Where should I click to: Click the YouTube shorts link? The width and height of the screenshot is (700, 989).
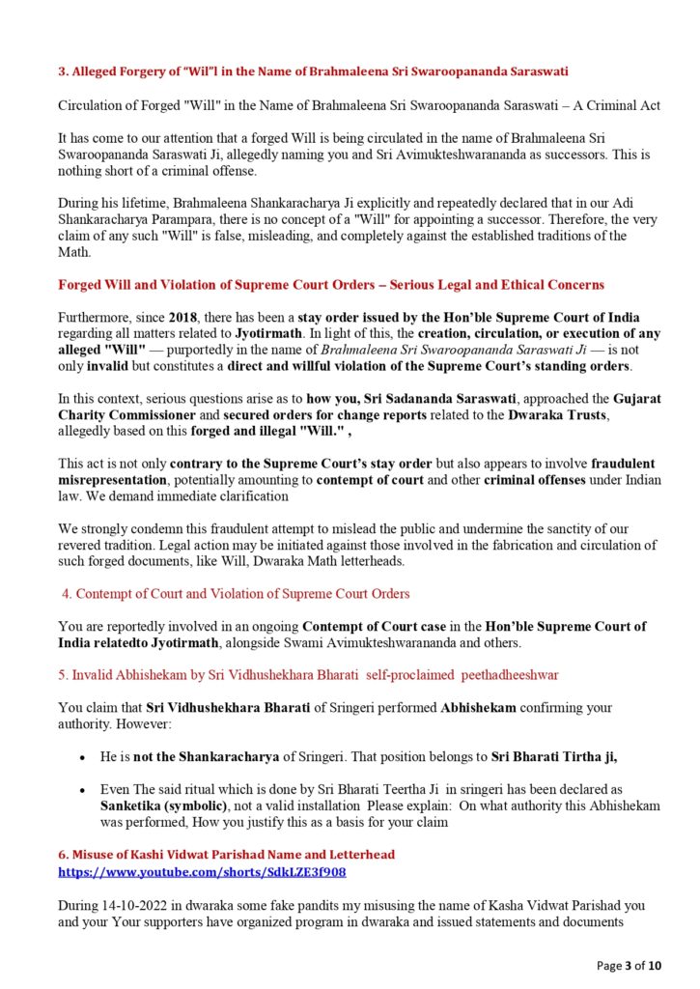pos(202,871)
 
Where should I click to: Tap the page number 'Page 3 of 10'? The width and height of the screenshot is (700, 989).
pos(629,965)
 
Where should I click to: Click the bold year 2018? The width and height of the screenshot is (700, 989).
pos(185,317)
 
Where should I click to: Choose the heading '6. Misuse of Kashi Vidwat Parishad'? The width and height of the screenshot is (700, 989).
pos(226,855)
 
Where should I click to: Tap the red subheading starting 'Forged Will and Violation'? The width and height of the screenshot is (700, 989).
pos(331,284)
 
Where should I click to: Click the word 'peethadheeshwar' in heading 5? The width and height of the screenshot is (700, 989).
pos(510,672)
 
